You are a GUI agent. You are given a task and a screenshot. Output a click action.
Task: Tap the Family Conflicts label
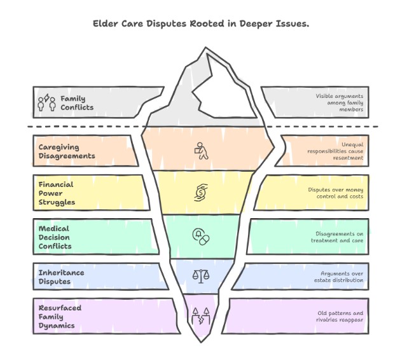(76, 103)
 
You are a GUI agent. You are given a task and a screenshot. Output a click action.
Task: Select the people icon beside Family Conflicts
(46, 103)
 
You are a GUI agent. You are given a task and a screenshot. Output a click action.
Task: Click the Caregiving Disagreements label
(66, 151)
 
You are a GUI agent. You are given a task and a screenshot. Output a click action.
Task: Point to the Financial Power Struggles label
(56, 193)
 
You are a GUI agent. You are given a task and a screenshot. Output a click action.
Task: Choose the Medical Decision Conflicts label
(56, 237)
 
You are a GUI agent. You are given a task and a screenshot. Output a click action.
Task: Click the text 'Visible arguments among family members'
(340, 103)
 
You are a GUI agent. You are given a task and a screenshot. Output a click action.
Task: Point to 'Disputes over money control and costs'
(336, 193)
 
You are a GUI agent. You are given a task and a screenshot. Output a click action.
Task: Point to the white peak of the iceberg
(219, 89)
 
